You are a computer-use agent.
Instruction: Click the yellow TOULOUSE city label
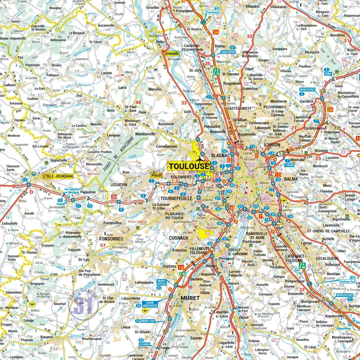coord(188,166)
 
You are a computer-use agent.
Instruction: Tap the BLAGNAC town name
coord(221,155)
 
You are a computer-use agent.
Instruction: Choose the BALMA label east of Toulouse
coord(290,178)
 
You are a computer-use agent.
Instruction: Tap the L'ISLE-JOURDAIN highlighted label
coord(57,176)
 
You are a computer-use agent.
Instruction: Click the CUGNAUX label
coord(178,238)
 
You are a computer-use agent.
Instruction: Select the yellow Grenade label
coord(172,52)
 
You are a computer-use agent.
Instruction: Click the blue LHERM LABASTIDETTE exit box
coord(149,304)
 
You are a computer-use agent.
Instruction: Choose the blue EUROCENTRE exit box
coord(228,51)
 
